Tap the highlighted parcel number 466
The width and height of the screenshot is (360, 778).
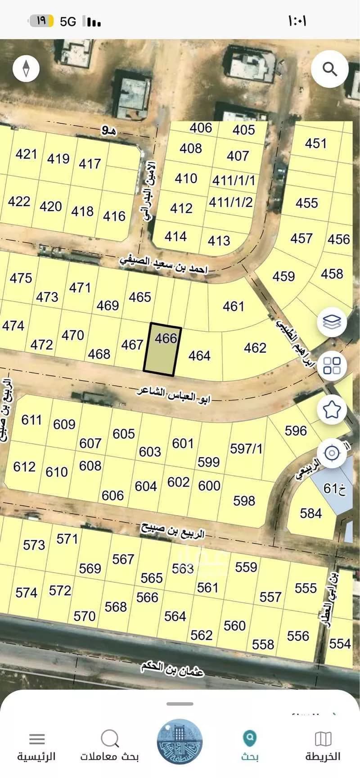tap(166, 337)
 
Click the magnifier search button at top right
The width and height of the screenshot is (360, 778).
tap(330, 69)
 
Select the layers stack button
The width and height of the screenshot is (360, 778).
tap(332, 322)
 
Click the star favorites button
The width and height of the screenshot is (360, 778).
tap(332, 409)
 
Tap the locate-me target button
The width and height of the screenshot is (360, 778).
tap(332, 453)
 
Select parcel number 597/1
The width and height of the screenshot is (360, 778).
tap(246, 449)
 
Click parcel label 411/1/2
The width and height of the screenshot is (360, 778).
tap(231, 202)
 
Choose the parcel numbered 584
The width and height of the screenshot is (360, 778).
tap(310, 513)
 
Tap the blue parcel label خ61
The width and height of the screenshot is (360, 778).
tap(334, 488)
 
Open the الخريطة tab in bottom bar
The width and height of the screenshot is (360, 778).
tap(323, 747)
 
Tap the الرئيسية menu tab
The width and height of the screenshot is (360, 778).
tap(36, 747)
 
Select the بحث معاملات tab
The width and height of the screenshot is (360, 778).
tap(109, 747)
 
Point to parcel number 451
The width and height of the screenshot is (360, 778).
tap(315, 143)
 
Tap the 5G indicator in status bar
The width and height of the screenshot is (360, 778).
tap(68, 21)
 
